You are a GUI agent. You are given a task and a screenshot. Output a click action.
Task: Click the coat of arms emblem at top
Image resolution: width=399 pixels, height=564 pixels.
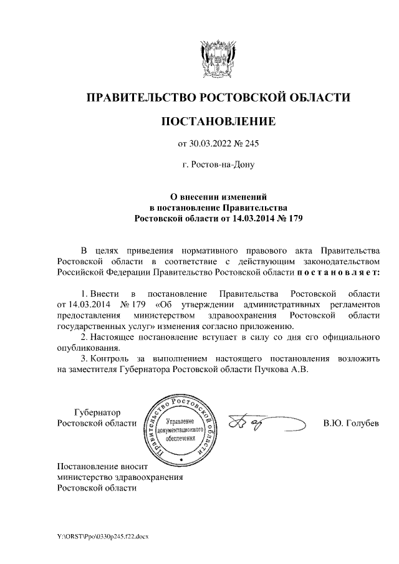pyautogui.click(x=218, y=57)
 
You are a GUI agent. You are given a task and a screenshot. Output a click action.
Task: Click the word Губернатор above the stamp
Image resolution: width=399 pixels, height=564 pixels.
pyautogui.click(x=97, y=412)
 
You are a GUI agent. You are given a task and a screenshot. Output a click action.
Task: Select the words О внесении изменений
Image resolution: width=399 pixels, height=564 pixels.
pyautogui.click(x=218, y=196)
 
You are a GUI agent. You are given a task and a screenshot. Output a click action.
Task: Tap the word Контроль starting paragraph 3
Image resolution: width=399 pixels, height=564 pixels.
pyautogui.click(x=108, y=358)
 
